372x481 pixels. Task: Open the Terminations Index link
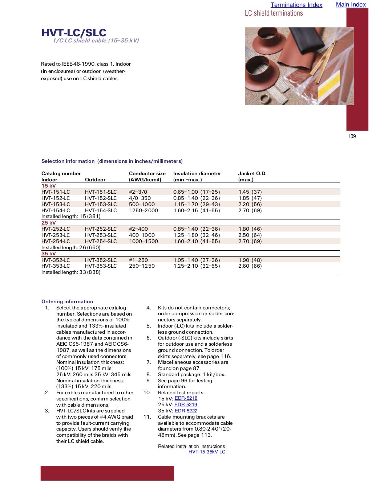coord(296,5)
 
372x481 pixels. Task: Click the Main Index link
coord(351,4)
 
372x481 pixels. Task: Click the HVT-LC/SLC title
coord(74,33)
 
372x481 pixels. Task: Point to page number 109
coord(352,136)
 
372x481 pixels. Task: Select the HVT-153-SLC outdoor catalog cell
coord(101,204)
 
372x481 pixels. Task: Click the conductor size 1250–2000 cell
coord(143,210)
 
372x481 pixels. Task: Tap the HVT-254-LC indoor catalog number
coord(56,241)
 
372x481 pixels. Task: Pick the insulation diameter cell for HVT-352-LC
coord(197,260)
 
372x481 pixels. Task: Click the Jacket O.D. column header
coord(252,173)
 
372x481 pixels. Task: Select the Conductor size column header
coord(147,173)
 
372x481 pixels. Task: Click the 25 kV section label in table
coord(49,223)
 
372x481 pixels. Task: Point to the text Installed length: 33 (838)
coord(71,272)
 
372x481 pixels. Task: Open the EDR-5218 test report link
coord(186,398)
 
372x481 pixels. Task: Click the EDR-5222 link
coord(186,411)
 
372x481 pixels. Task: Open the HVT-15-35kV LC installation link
coord(207,452)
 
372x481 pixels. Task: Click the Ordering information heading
coord(67,301)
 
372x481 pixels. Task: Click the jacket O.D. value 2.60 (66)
coord(250,266)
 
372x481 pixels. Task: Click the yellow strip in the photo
coord(329,85)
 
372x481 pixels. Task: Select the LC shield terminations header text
coord(274,13)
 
